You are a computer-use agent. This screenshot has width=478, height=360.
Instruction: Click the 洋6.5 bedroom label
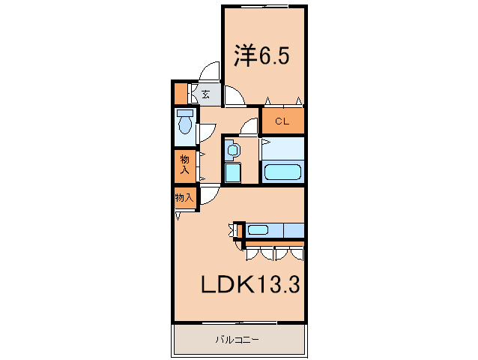click(261, 55)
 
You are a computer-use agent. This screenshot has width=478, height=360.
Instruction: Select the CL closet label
click(282, 121)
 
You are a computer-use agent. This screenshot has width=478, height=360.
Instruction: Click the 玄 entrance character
click(205, 94)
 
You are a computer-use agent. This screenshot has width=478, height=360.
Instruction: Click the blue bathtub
click(282, 171)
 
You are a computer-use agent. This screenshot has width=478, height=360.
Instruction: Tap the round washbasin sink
click(232, 151)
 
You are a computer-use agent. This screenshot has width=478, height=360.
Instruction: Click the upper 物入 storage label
click(184, 164)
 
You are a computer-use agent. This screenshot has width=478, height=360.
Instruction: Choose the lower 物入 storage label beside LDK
click(184, 198)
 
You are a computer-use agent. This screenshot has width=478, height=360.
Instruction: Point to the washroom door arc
click(249, 126)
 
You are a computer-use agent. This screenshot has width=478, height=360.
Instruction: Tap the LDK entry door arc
click(209, 193)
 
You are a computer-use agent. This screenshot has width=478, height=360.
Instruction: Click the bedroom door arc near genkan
click(234, 96)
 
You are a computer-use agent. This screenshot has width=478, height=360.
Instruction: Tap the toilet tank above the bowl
click(184, 114)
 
